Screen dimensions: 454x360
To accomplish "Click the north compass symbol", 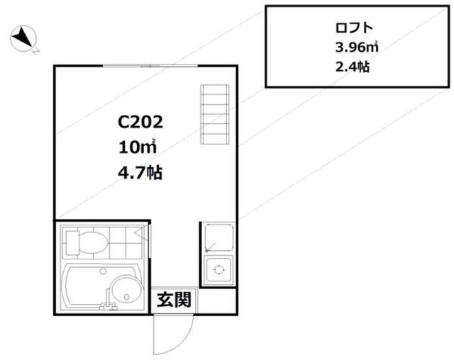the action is tap(23, 38).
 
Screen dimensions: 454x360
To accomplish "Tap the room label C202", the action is tap(140, 122).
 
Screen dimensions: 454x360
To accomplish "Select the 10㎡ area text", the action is tap(138, 147).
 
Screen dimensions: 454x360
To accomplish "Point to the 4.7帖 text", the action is tap(140, 173).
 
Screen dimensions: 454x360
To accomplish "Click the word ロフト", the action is tap(354, 28).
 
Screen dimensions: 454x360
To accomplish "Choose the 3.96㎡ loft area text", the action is tap(357, 47).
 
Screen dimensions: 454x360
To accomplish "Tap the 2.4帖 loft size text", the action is tap(353, 67).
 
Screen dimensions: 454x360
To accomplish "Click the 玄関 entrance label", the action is tap(174, 300).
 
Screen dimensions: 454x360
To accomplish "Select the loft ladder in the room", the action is tap(215, 114).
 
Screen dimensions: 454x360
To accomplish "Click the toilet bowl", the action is tap(93, 243).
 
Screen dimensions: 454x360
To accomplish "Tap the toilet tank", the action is tap(72, 243).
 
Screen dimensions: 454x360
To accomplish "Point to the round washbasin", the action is tap(128, 289).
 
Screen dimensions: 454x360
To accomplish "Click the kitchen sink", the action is tap(219, 238).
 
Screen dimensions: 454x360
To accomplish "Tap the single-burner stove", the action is tap(219, 270).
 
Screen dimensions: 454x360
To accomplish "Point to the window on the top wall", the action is tap(150, 66).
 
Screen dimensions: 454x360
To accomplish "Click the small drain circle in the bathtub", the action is tap(103, 271).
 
